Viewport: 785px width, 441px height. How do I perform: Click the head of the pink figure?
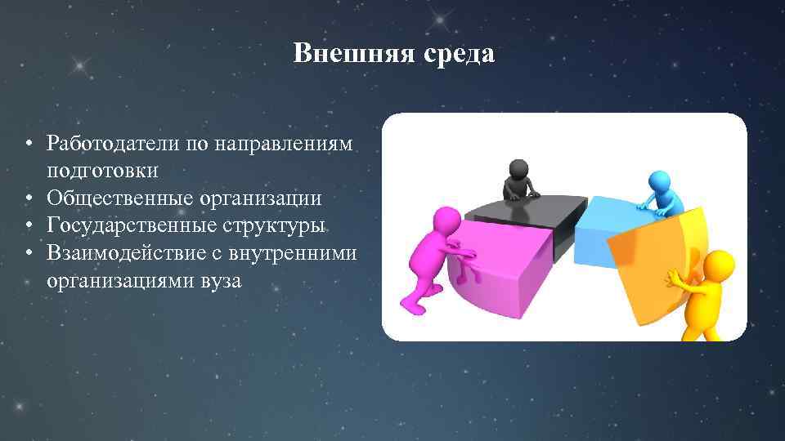coord(446,220)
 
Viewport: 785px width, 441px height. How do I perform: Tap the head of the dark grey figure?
coord(518,171)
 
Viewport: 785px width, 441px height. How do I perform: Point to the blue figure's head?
coord(658,180)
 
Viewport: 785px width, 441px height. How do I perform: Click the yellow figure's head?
coord(719,265)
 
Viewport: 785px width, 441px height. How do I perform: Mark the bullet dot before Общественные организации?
coord(28,199)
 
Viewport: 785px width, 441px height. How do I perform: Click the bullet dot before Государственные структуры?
coord(28,226)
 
